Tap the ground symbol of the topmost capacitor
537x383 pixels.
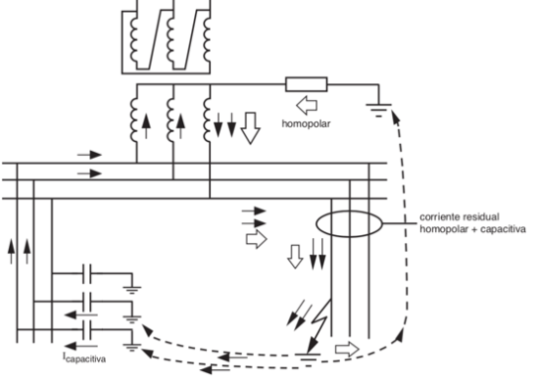coord(133,285)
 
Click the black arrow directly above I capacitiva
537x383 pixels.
coord(86,345)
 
